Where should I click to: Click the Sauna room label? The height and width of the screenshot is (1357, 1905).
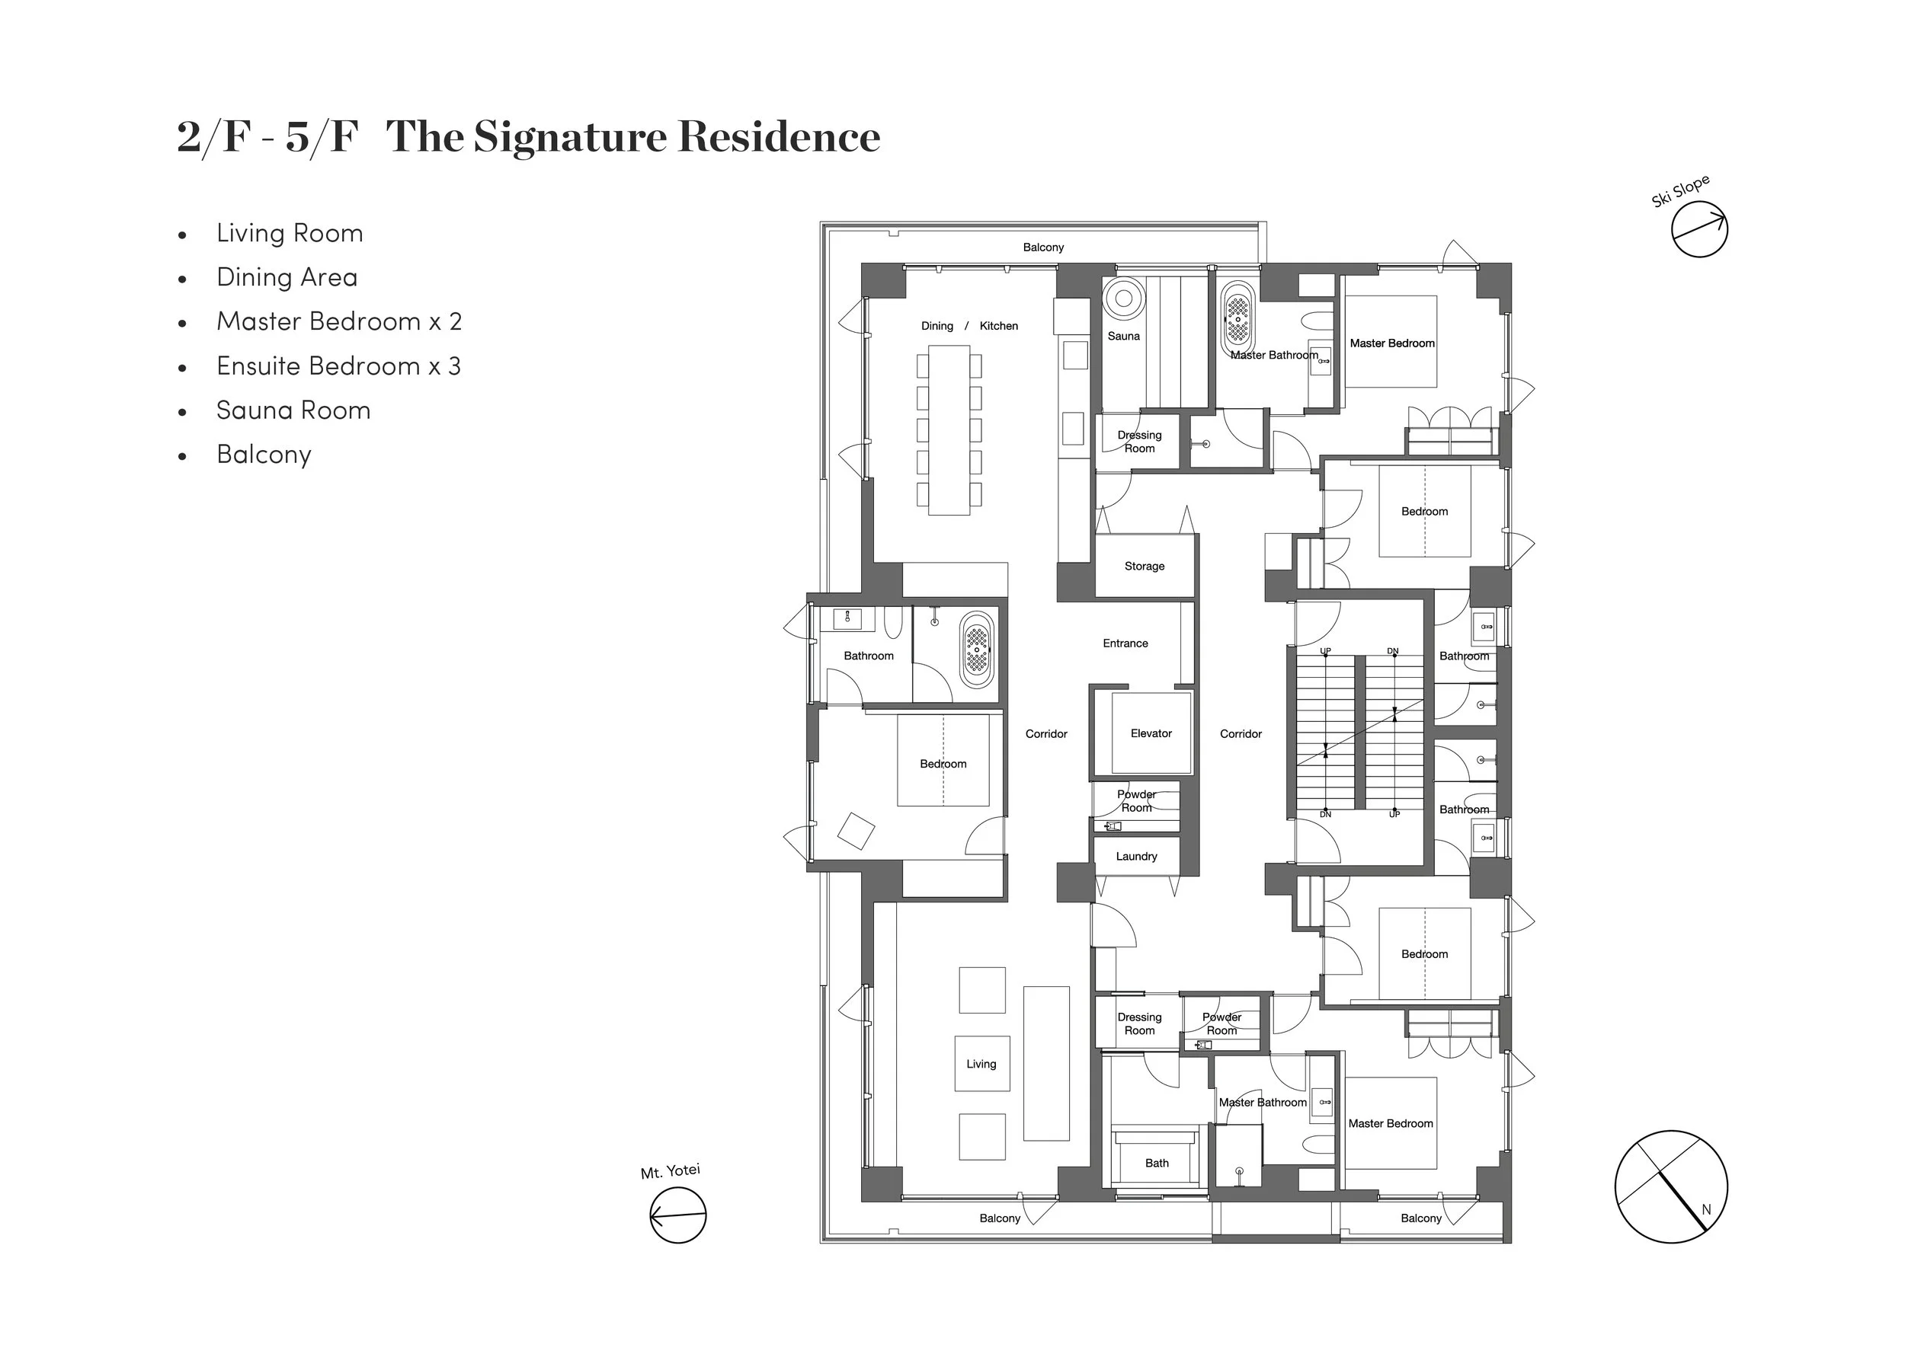(1122, 336)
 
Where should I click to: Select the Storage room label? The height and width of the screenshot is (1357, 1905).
(1144, 566)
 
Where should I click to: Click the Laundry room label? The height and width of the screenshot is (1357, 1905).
(1136, 856)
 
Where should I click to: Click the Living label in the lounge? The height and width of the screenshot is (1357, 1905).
(981, 1064)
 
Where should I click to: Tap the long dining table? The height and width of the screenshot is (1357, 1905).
(949, 429)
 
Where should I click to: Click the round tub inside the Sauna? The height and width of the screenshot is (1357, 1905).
(1123, 298)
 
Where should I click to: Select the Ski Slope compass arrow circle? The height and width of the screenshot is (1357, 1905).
(1698, 229)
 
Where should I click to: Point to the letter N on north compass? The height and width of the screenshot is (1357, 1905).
(1706, 1209)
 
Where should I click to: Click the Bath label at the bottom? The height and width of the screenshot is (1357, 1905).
(1156, 1162)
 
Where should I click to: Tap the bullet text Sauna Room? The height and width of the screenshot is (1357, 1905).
(293, 410)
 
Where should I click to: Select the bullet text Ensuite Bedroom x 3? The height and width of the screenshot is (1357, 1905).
(338, 366)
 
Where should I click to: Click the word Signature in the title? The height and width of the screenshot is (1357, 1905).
(569, 136)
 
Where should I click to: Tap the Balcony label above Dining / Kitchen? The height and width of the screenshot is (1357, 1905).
(1042, 247)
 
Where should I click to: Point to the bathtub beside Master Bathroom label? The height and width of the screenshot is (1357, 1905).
(1237, 319)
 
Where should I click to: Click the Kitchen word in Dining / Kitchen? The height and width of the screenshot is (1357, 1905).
(998, 326)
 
